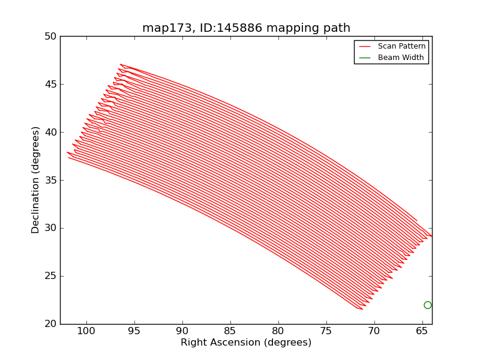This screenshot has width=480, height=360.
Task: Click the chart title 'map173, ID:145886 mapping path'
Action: tap(246, 28)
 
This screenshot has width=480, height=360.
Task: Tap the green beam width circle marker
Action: tap(427, 305)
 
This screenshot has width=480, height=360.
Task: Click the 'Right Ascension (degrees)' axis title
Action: tap(246, 343)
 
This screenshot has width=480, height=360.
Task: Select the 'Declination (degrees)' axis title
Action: tap(36, 180)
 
